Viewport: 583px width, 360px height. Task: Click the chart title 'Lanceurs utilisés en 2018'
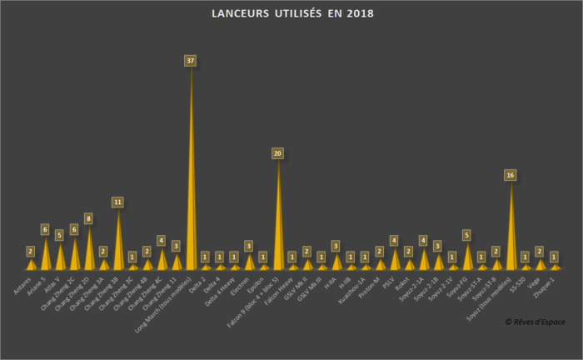pos(291,14)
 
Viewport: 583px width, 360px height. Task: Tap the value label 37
pos(191,61)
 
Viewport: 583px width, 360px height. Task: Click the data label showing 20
pos(278,153)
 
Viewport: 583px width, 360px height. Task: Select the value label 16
pos(511,175)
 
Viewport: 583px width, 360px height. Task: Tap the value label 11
pos(118,202)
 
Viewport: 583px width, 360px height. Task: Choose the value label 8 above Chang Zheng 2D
pos(88,218)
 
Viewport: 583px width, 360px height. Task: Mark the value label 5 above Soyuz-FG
pos(467,235)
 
